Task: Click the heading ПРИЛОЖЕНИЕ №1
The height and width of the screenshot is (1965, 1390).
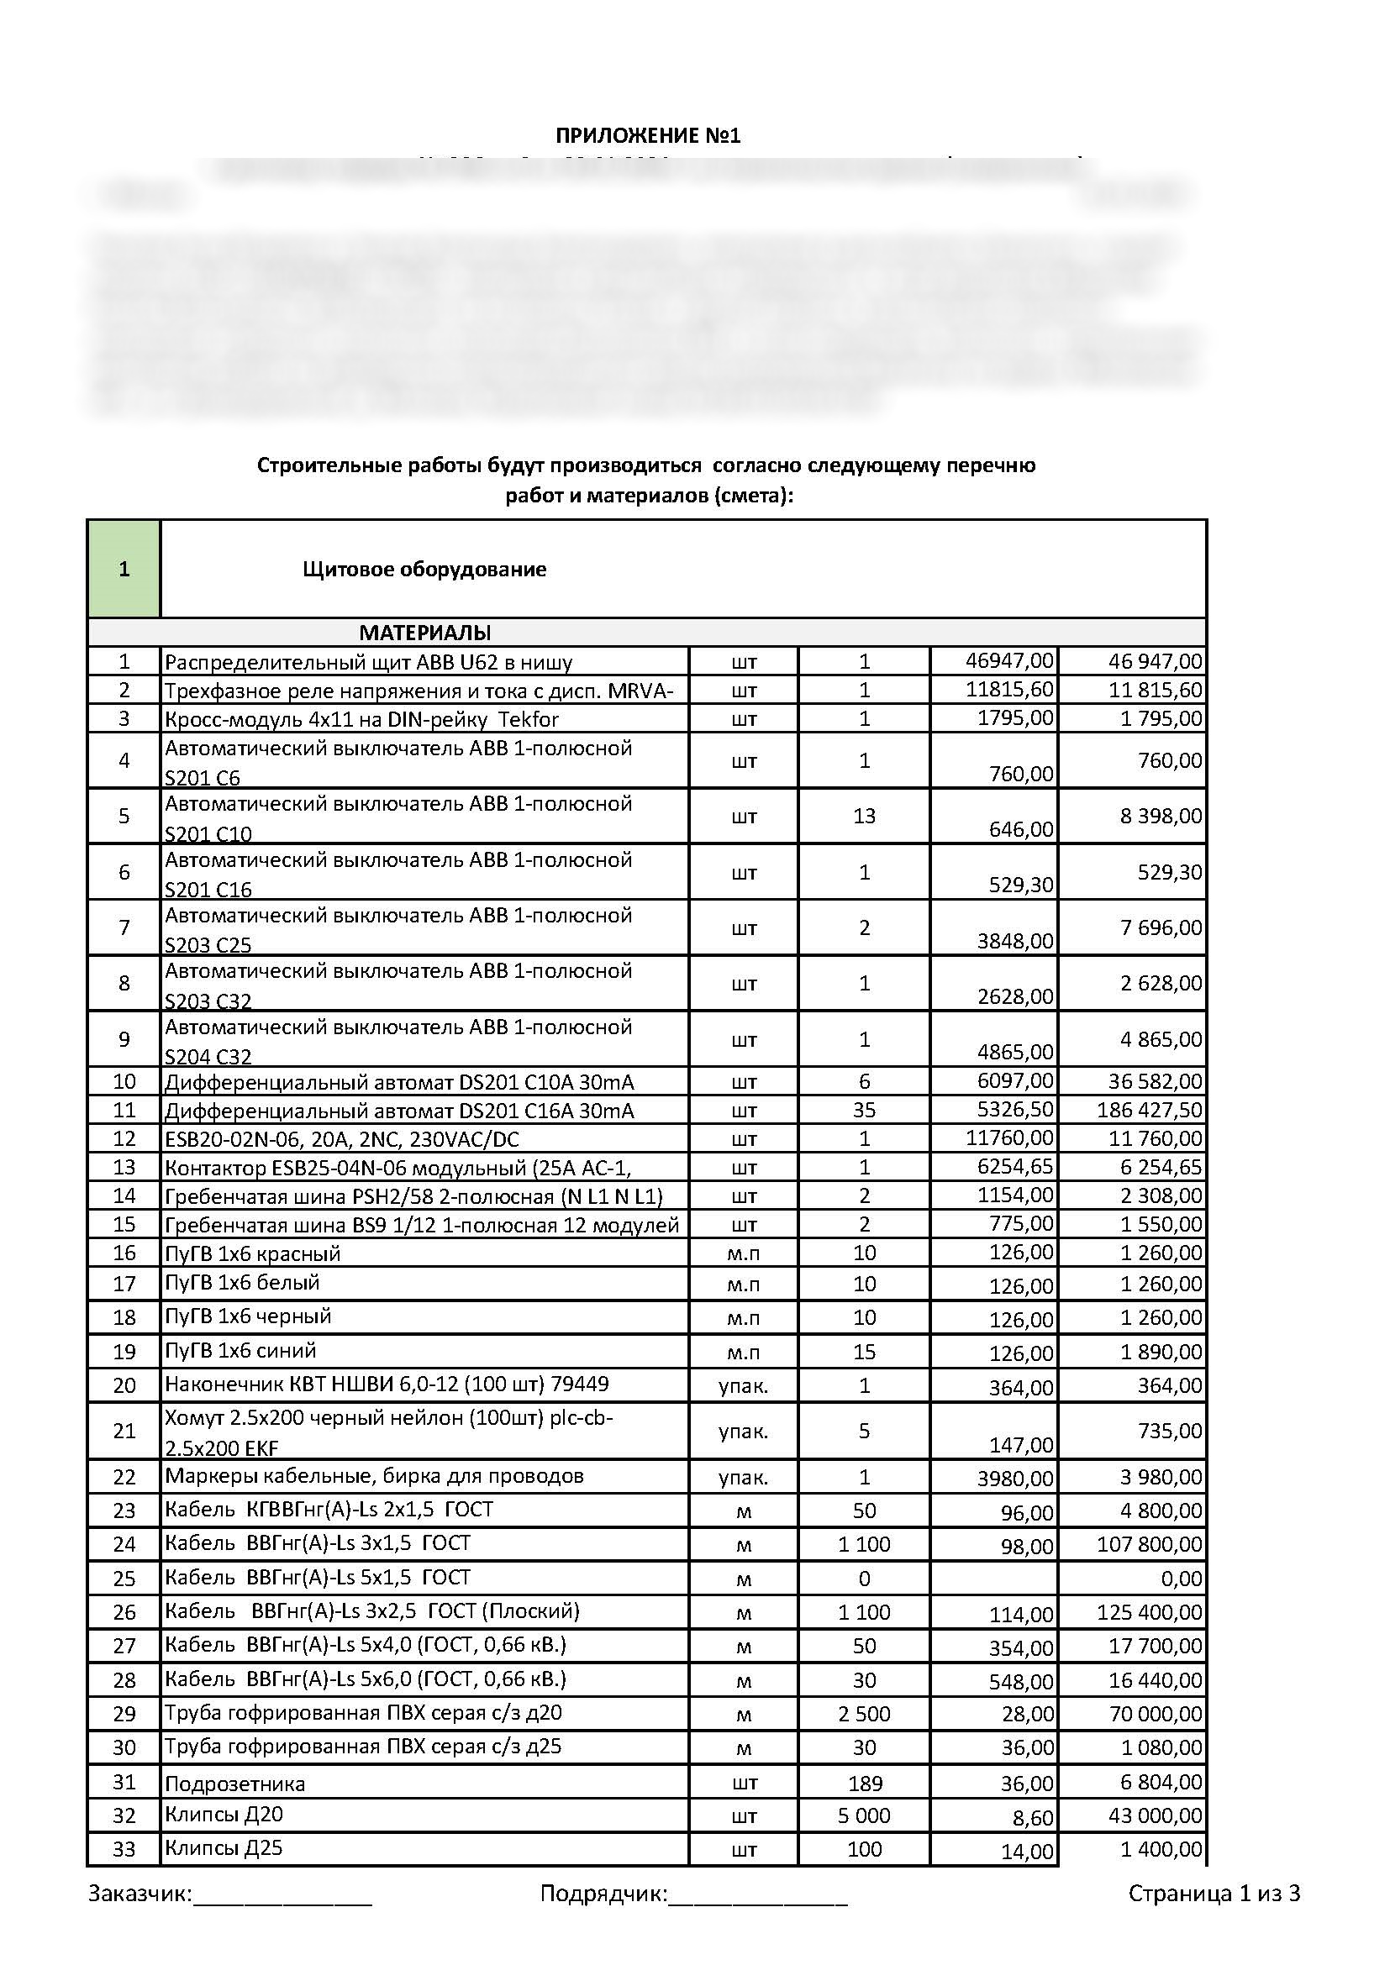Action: (x=648, y=135)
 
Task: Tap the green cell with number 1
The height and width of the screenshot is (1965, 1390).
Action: (x=124, y=569)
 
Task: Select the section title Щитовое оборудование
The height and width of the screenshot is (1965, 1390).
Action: (x=424, y=570)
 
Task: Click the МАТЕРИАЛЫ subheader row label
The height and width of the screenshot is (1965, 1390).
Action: (x=424, y=633)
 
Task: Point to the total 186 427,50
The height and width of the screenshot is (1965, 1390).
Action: (x=1149, y=1110)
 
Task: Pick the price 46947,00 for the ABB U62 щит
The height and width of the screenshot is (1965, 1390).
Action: (x=1009, y=660)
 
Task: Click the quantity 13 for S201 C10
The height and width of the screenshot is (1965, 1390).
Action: (x=864, y=816)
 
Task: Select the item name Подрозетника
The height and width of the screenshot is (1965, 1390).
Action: (x=234, y=1784)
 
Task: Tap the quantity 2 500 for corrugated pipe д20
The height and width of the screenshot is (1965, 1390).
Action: (x=864, y=1715)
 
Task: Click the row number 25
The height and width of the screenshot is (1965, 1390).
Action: (x=124, y=1579)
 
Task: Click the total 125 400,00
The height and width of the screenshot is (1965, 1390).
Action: (x=1149, y=1612)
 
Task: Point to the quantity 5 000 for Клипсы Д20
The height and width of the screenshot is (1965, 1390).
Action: (x=864, y=1816)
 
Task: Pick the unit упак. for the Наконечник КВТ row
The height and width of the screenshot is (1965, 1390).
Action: (x=743, y=1385)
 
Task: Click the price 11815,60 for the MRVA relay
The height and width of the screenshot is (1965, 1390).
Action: (x=1009, y=689)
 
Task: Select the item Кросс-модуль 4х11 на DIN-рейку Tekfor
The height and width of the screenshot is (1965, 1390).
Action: (x=361, y=719)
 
